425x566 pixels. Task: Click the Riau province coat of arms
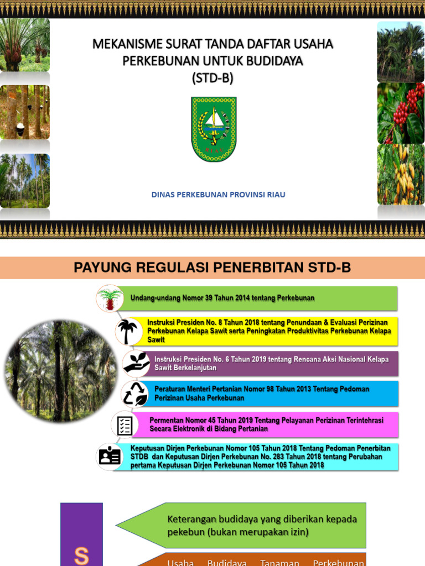pyautogui.click(x=214, y=129)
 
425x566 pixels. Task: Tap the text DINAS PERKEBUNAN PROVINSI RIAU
pyautogui.click(x=219, y=195)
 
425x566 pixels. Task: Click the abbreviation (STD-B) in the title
pyautogui.click(x=213, y=78)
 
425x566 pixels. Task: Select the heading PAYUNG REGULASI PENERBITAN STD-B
pyautogui.click(x=212, y=268)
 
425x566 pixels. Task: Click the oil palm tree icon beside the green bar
pyautogui.click(x=110, y=298)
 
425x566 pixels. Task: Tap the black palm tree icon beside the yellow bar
pyautogui.click(x=128, y=331)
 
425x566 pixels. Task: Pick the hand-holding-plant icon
pyautogui.click(x=136, y=363)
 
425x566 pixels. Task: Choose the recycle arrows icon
pyautogui.click(x=135, y=394)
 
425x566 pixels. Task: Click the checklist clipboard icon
pyautogui.click(x=125, y=425)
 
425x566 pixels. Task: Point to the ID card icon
pyautogui.click(x=110, y=456)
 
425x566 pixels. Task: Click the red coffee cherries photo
pyautogui.click(x=401, y=113)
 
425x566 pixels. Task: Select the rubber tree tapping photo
pyautogui.click(x=25, y=112)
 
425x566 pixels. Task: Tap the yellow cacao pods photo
pyautogui.click(x=401, y=174)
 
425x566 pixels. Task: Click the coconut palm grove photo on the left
pyautogui.click(x=25, y=180)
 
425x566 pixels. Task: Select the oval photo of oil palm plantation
pyautogui.click(x=60, y=371)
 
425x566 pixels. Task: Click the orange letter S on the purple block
pyautogui.click(x=81, y=555)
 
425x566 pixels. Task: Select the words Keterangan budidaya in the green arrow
pyautogui.click(x=201, y=519)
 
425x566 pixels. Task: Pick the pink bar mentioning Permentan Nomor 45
pyautogui.click(x=266, y=424)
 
